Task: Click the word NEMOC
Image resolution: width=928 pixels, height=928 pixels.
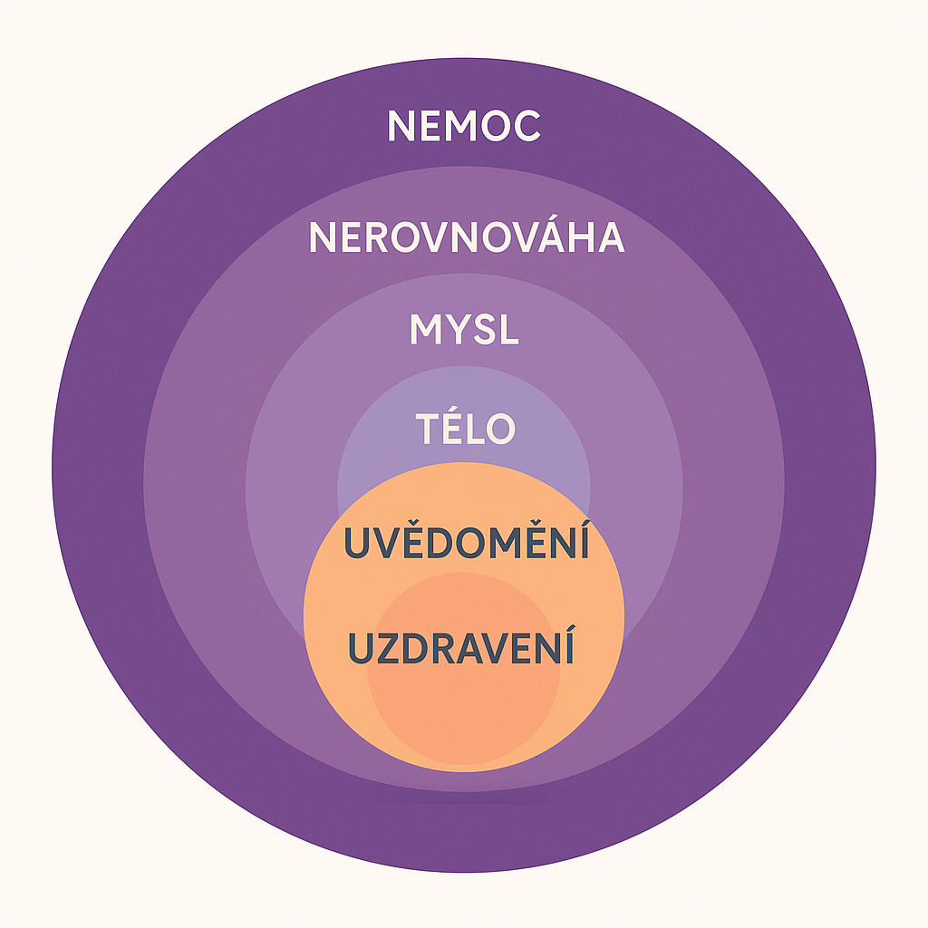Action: [x=464, y=126]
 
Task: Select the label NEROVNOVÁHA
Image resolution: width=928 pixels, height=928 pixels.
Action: [x=466, y=237]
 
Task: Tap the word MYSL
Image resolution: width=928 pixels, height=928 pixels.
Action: [x=464, y=330]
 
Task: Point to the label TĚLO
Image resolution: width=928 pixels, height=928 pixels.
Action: [x=466, y=428]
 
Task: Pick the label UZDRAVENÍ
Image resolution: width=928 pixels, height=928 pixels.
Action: [x=461, y=649]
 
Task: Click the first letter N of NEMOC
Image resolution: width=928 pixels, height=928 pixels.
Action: [x=401, y=126]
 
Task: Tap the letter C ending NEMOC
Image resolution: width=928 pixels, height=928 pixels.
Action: [x=527, y=126]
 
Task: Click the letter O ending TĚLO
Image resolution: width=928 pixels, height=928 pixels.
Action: [x=499, y=429]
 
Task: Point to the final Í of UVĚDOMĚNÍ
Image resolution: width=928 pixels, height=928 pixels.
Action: [x=583, y=544]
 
